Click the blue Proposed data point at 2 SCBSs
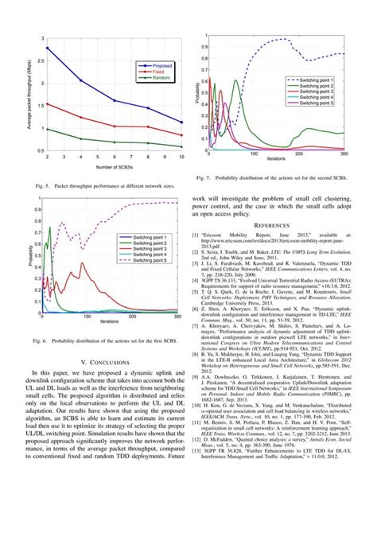pos(48,49)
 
